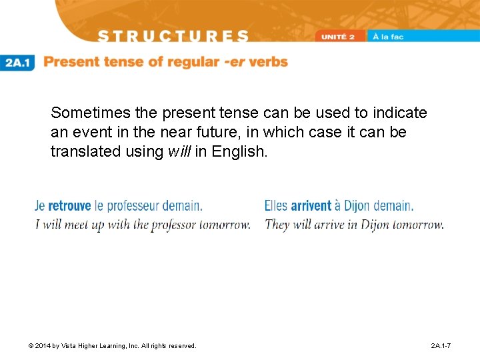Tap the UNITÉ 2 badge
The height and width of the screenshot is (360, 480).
pos(341,36)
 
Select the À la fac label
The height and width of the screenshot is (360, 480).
pos(388,36)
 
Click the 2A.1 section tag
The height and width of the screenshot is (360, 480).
pos(17,63)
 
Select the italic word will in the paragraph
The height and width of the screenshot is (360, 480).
pos(179,151)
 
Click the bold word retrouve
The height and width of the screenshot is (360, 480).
pos(69,206)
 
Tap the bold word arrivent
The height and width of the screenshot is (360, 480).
pos(311,206)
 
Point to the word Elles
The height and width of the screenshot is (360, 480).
pos(276,206)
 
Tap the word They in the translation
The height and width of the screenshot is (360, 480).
pos(277,225)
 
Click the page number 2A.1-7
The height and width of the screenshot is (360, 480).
pos(441,346)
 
